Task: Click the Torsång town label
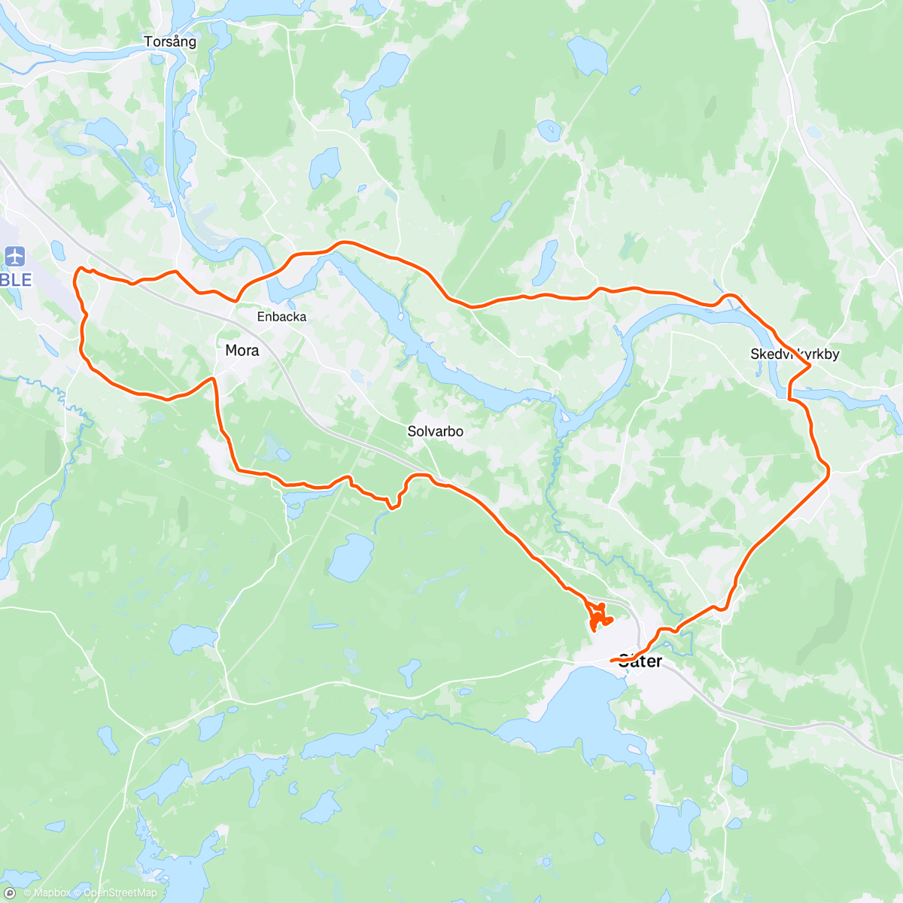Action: pos(170,42)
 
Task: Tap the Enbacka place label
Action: pos(281,317)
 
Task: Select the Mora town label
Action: pos(242,350)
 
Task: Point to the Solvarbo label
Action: pos(435,432)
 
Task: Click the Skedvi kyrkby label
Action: pos(795,354)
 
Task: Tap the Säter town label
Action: pos(640,661)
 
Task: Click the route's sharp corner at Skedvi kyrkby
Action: pos(810,366)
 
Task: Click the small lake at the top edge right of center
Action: pos(587,54)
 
